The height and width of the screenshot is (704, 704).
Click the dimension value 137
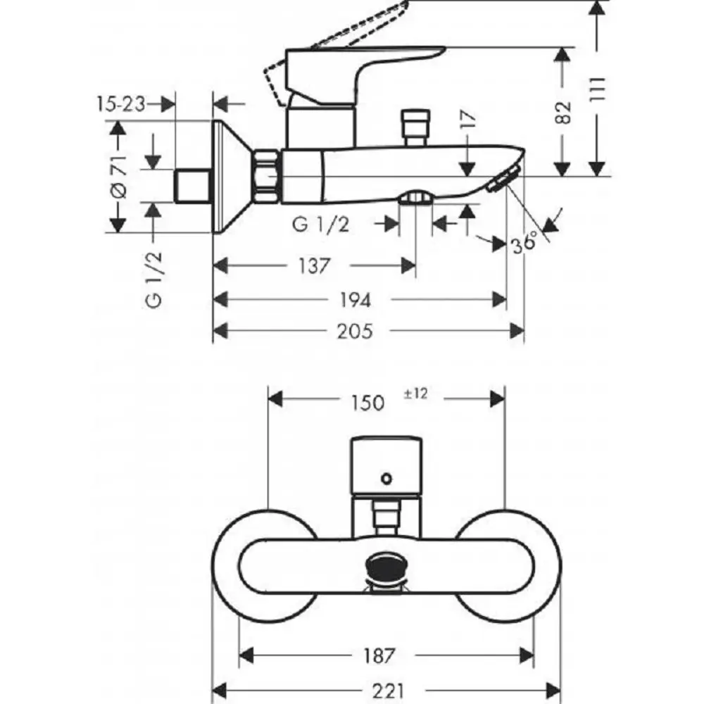pos(315,266)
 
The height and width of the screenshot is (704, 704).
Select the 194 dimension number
pos(355,300)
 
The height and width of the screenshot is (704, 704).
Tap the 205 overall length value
pos(355,332)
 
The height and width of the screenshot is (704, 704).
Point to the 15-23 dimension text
pos(121,104)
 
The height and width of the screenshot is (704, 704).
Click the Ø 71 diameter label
pos(119,177)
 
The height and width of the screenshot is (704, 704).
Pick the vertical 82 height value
pos(563,113)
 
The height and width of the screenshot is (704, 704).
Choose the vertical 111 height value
pos(597,89)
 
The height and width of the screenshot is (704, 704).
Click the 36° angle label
pos(524,243)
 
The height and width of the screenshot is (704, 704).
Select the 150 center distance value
pos(367,402)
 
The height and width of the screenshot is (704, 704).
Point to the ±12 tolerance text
pos(415,394)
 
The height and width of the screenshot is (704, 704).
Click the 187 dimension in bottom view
pos(379,655)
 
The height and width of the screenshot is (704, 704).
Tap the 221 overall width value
pos(389,691)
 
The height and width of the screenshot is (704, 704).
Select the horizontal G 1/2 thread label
pos(320,224)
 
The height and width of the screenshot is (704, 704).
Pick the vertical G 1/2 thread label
pos(153,280)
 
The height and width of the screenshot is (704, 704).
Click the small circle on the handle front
pos(386,479)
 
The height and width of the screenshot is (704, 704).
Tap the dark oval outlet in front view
pos(386,567)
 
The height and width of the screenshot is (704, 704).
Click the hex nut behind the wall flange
pos(267,177)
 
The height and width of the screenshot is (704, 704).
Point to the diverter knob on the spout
pos(416,127)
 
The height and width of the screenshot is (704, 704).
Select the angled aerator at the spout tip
pos(504,179)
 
